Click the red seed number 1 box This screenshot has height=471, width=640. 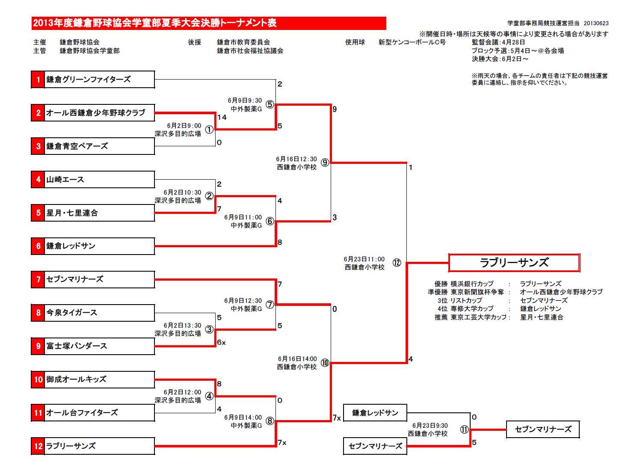38,80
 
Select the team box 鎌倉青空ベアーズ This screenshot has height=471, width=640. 99,146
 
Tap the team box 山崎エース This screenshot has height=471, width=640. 99,180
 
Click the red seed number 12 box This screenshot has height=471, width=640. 38,446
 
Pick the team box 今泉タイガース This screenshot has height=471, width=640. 99,313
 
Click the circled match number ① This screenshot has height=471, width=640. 209,130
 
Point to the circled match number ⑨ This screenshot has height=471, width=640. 325,163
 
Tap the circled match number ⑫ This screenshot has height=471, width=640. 397,263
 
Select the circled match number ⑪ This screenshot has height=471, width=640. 464,430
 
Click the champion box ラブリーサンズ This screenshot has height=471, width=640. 514,263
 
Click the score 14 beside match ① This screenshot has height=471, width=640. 222,117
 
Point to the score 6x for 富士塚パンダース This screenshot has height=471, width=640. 221,342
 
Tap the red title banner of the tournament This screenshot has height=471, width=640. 209,23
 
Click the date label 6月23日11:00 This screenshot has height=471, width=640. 364,259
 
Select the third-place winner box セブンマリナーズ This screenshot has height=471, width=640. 542,430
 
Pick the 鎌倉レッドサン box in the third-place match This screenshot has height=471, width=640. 375,413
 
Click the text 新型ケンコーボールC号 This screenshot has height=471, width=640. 412,42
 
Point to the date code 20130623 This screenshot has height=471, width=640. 596,24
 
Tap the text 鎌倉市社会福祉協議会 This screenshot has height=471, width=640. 250,51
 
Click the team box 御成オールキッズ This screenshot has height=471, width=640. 99,379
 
